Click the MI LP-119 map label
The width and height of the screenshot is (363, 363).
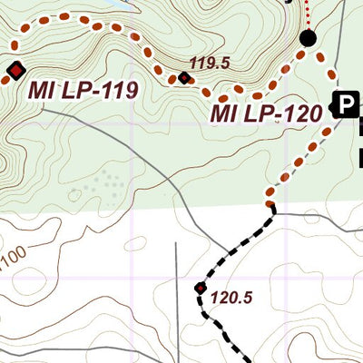click(x=82, y=91)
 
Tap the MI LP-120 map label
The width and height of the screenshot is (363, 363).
click(x=267, y=114)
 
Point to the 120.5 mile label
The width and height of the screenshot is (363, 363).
click(x=230, y=296)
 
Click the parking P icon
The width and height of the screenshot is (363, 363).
click(x=345, y=105)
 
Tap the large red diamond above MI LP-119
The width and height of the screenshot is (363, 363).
click(x=15, y=69)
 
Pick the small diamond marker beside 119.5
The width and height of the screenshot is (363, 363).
click(x=185, y=78)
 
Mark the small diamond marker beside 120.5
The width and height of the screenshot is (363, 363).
click(x=201, y=289)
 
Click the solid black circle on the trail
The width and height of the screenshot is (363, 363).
click(x=308, y=38)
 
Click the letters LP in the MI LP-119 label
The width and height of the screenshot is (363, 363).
click(x=75, y=91)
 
